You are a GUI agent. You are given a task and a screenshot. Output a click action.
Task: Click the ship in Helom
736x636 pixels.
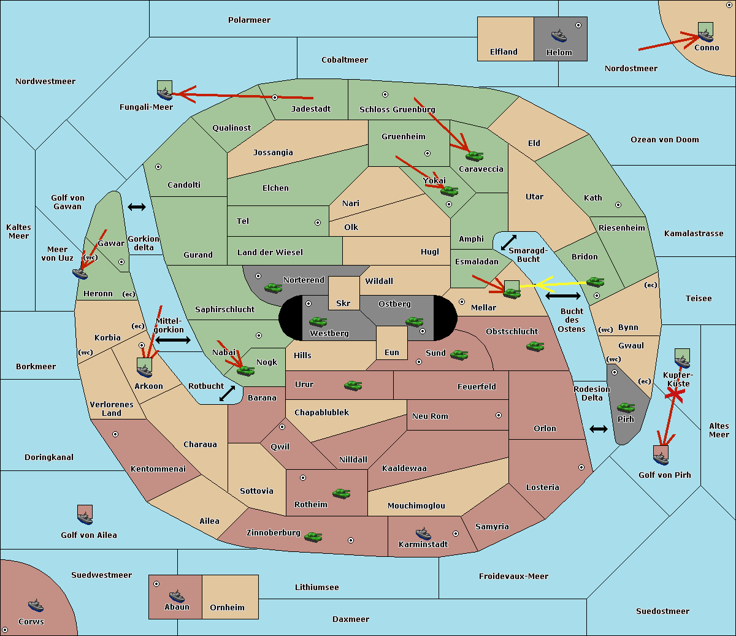[559, 36]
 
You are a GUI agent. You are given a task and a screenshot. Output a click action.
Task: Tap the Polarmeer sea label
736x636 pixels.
[249, 20]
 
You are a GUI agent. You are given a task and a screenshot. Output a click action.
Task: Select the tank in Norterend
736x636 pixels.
[273, 288]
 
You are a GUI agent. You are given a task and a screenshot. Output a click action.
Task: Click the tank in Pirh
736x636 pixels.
[626, 407]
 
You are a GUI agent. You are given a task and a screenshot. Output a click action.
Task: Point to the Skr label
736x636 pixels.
[343, 303]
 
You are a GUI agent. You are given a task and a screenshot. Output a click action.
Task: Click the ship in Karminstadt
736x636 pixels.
[423, 534]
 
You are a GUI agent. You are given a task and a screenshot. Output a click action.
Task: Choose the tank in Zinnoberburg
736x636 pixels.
[313, 537]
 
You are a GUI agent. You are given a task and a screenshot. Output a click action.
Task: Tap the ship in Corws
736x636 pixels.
[36, 605]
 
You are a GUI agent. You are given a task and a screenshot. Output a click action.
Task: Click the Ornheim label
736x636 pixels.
[227, 607]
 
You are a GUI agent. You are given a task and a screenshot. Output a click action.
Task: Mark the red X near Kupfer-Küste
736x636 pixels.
[675, 394]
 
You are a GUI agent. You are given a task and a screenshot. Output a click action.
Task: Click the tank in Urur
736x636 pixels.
[353, 386]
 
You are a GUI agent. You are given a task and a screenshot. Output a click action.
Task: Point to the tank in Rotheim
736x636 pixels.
[341, 494]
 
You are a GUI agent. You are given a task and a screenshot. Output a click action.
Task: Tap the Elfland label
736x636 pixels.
[504, 52]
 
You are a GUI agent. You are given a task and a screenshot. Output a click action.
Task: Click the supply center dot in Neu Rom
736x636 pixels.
[499, 415]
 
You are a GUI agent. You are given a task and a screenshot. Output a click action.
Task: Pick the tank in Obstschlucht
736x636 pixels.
[535, 347]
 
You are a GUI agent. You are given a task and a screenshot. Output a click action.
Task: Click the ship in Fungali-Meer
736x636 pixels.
[164, 93]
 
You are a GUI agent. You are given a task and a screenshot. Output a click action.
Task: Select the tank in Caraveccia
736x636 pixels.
[474, 156]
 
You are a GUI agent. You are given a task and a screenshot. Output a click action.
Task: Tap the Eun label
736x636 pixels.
[392, 352]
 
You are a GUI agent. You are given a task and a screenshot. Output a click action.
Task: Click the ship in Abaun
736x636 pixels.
[177, 596]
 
